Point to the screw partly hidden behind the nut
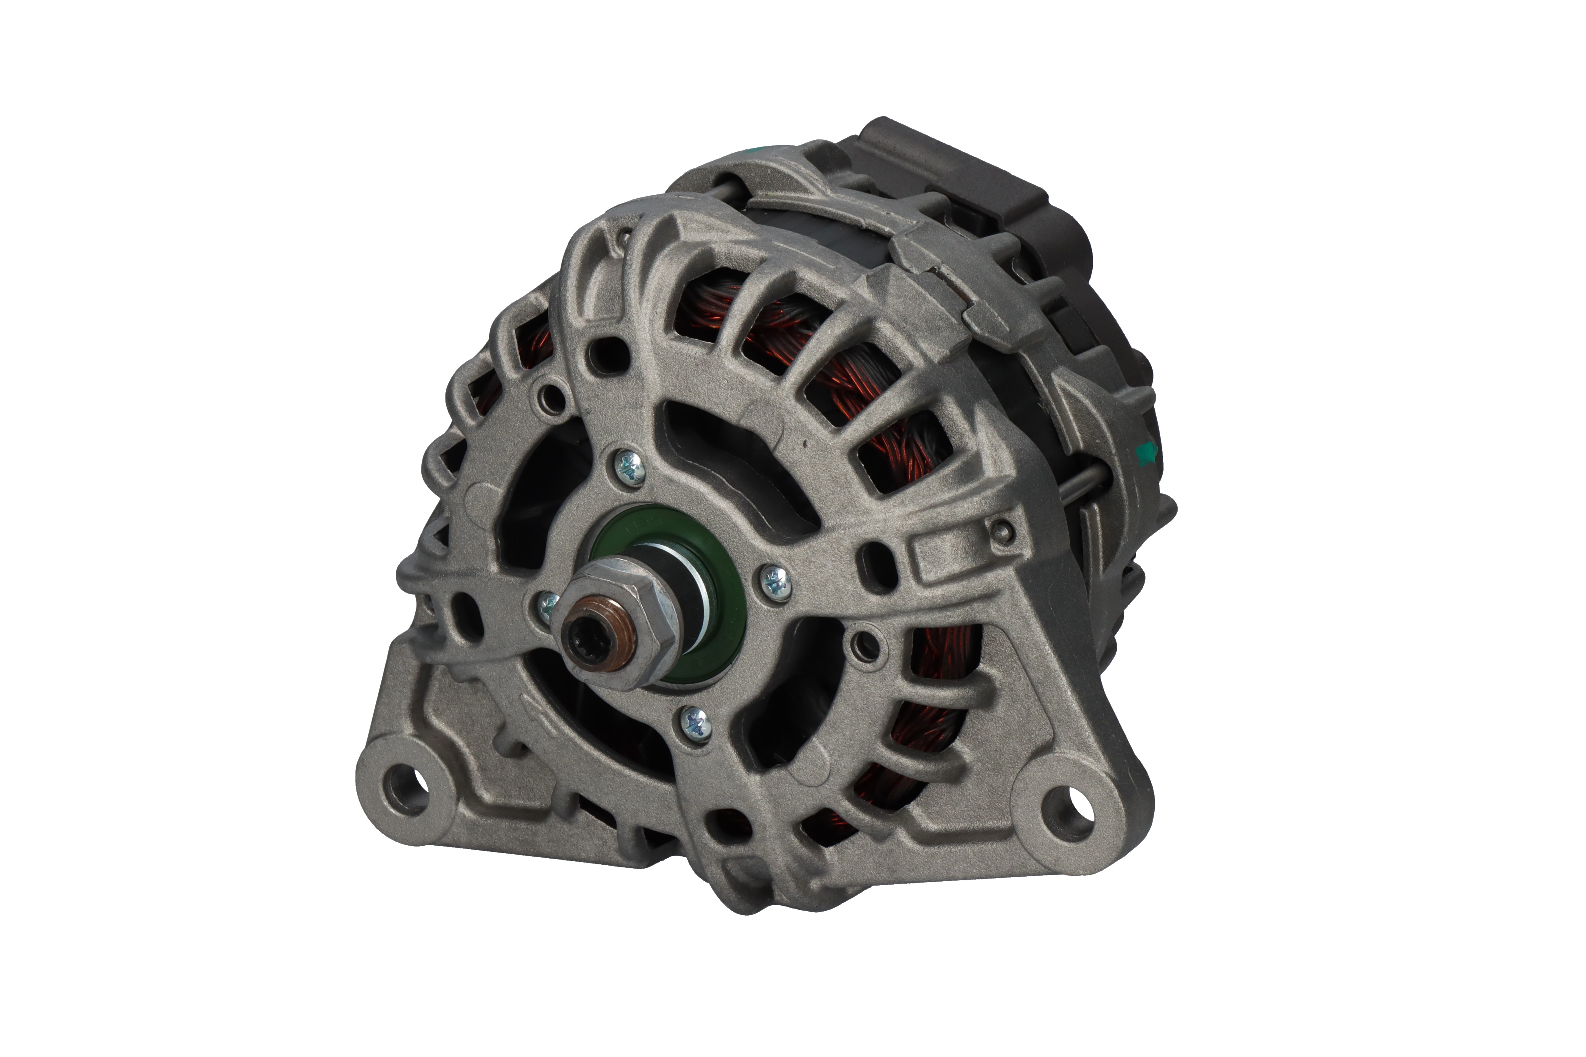[x=546, y=602]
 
